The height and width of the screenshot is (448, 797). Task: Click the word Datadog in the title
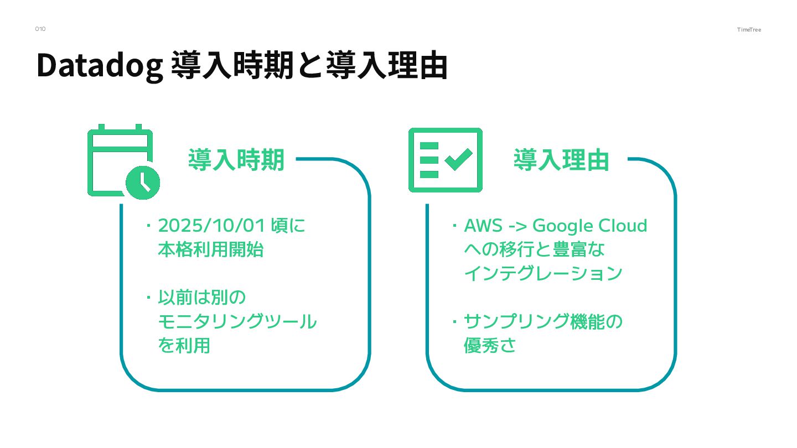click(x=100, y=66)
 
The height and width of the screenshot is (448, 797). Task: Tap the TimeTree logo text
click(x=749, y=29)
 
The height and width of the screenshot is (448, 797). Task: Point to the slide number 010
click(x=40, y=29)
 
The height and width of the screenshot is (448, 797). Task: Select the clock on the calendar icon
click(x=143, y=181)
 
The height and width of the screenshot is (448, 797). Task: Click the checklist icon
click(x=445, y=160)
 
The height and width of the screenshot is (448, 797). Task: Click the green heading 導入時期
click(x=236, y=160)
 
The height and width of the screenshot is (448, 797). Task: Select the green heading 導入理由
click(x=561, y=160)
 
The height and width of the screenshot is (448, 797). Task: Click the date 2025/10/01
click(x=213, y=226)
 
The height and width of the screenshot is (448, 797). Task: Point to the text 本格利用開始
click(x=210, y=250)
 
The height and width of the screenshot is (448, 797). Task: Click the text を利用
click(x=184, y=346)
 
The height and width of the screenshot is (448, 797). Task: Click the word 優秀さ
click(x=490, y=346)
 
